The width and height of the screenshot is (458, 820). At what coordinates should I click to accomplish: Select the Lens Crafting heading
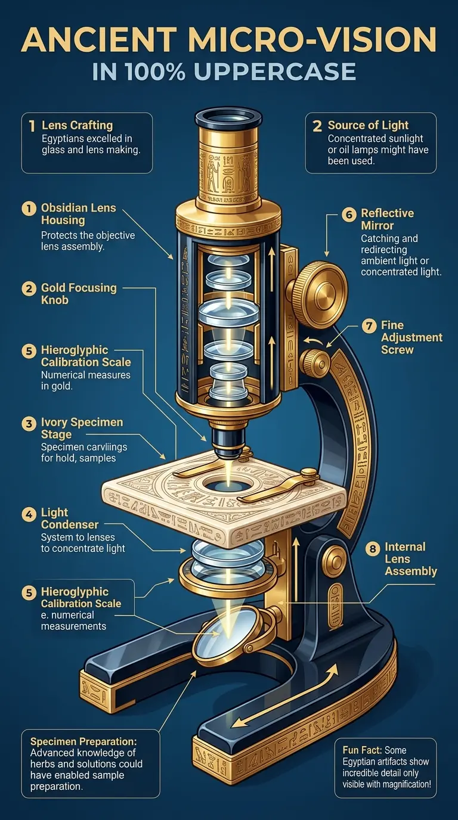coord(77,126)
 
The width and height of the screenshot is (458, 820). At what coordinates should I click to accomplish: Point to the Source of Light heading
coord(368,126)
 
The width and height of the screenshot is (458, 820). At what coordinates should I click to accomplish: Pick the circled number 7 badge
coord(369,326)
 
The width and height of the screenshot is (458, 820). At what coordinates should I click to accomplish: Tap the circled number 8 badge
coord(372,548)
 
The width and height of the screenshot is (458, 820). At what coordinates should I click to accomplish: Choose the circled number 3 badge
coord(28,424)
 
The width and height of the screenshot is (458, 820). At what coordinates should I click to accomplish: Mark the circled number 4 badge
coord(28,513)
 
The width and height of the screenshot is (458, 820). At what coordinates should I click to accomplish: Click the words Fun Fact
coord(362,750)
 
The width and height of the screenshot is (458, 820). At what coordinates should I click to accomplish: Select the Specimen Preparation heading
coord(83,741)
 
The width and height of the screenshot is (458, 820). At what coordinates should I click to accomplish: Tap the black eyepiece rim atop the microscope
coord(228,117)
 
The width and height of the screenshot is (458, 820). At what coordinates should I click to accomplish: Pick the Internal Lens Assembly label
coord(411,559)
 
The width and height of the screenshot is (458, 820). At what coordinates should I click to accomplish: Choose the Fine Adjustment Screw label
coord(411,337)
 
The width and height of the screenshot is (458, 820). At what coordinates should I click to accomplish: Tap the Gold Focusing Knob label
coord(79,294)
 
